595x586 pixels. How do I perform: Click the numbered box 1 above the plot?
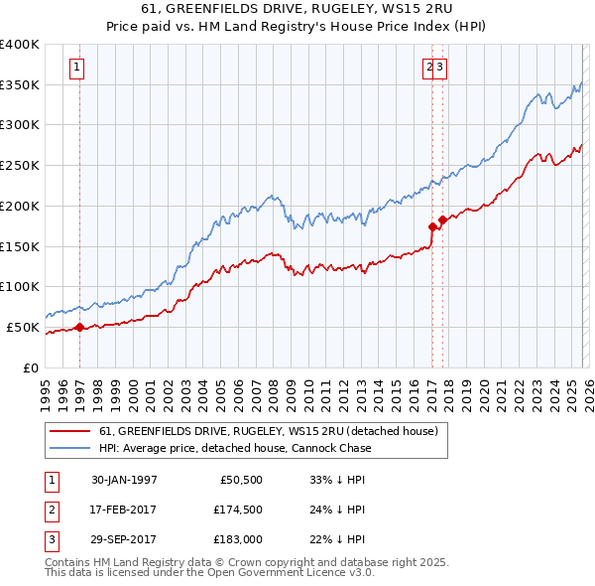76,68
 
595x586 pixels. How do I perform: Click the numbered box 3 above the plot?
440,68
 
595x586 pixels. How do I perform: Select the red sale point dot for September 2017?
442,220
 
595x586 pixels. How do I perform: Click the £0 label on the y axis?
30,367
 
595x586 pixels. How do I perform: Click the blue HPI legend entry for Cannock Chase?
235,448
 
